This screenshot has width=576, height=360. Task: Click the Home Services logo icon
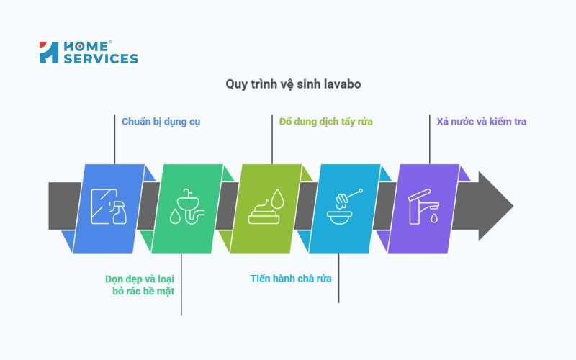point(49,53)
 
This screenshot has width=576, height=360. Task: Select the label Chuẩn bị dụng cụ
point(161,121)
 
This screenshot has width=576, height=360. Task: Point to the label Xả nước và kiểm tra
point(481,121)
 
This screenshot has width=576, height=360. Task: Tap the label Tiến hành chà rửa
point(291,278)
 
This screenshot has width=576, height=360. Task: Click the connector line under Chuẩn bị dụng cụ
point(114,140)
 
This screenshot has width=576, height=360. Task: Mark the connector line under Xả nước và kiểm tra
point(430,140)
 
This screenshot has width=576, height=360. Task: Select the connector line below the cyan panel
point(338,277)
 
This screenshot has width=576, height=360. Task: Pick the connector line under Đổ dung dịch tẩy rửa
point(272,140)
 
